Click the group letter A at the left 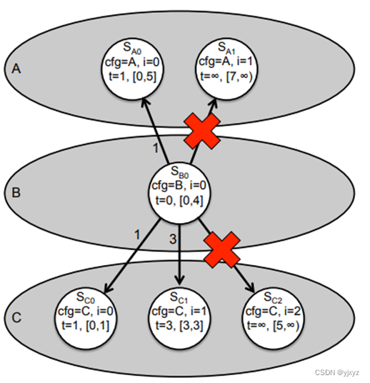tap(16, 69)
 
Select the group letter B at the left tap(16, 191)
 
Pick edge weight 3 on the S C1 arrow tap(171, 238)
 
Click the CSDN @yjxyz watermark tap(337, 374)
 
